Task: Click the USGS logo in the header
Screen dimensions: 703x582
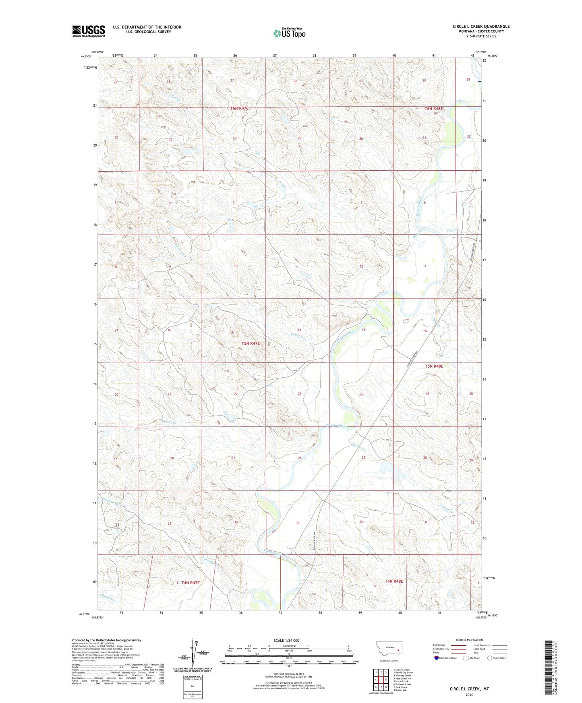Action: click(x=89, y=31)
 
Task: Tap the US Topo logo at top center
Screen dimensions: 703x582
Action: click(x=289, y=33)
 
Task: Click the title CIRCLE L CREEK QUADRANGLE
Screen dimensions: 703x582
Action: click(x=481, y=27)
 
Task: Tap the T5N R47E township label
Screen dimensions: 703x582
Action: click(x=251, y=343)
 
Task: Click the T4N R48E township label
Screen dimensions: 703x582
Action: click(x=394, y=581)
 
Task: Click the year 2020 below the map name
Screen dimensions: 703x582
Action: click(x=469, y=695)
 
